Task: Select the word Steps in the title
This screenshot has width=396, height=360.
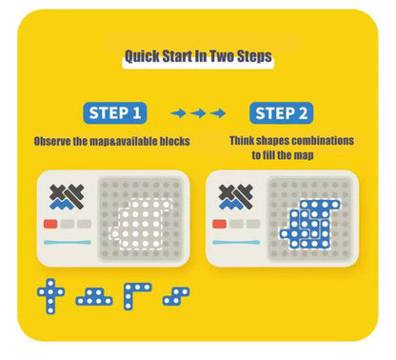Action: pos(252,57)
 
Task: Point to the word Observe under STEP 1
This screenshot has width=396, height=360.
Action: pos(57,140)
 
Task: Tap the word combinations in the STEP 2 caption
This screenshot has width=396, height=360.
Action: pos(321,140)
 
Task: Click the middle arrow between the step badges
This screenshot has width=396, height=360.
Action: pos(198,113)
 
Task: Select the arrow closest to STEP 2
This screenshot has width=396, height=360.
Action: pos(218,113)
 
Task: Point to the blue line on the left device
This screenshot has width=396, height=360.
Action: pos(68,243)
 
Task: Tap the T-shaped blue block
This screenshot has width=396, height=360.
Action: pos(93,297)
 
